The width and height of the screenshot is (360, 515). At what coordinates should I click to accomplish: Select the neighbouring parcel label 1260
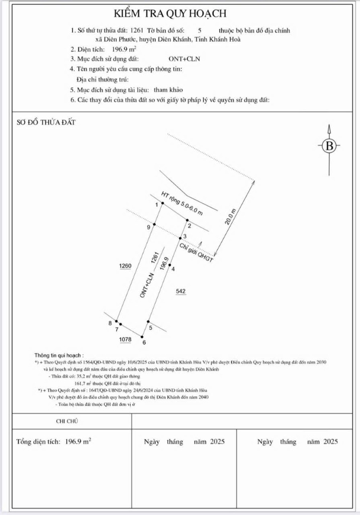[125, 266]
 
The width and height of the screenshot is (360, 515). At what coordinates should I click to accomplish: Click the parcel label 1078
[125, 339]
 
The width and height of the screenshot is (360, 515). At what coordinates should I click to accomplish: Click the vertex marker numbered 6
[142, 337]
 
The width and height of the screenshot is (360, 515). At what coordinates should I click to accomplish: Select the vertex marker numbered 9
[154, 224]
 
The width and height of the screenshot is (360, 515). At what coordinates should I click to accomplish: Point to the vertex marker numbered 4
[170, 265]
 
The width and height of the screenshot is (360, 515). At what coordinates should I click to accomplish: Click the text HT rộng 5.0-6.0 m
[182, 204]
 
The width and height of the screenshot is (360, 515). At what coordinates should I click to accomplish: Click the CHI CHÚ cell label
[67, 421]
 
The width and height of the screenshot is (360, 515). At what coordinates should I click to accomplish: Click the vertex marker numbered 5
[148, 321]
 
